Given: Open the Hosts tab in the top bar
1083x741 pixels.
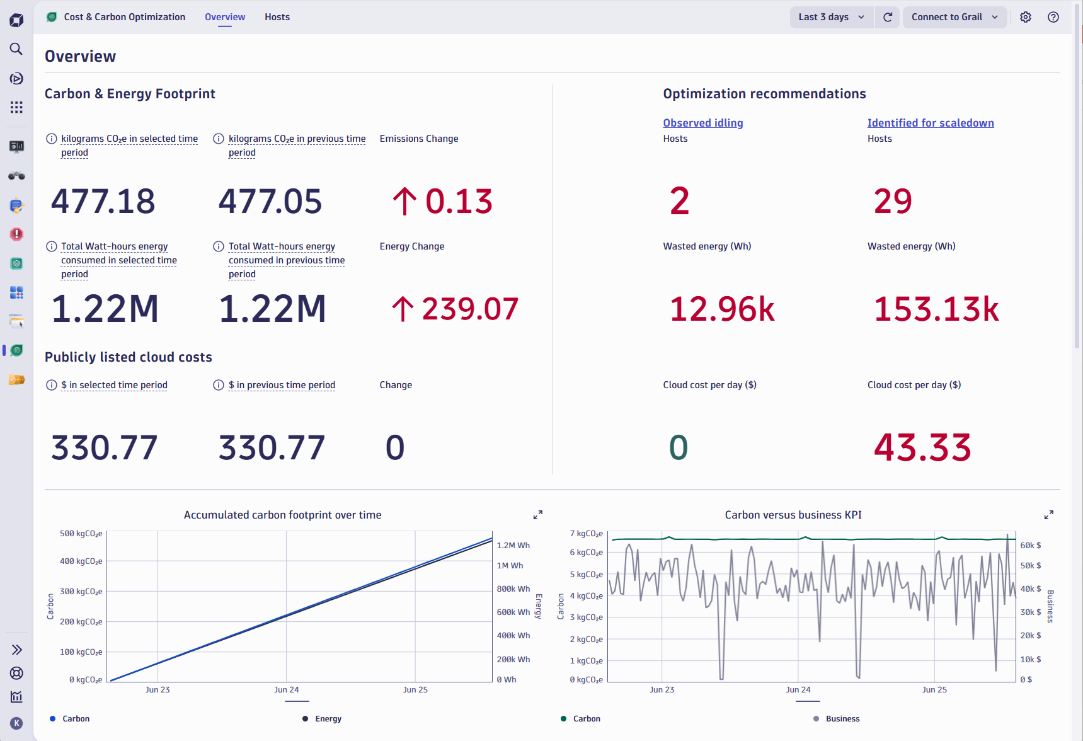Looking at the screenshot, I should click(277, 17).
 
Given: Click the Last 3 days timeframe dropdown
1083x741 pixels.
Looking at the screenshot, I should click(831, 17).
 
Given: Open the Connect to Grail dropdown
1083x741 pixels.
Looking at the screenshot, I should click(954, 17).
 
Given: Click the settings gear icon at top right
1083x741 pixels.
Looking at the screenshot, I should click(1026, 17).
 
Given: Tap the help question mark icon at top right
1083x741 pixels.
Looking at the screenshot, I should click(1053, 17).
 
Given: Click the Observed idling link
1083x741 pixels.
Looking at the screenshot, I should click(702, 123).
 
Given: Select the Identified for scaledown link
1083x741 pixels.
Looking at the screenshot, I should click(930, 123).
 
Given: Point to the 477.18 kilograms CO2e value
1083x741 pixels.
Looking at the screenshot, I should click(103, 202).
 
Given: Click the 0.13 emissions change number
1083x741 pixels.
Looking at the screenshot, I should click(459, 202).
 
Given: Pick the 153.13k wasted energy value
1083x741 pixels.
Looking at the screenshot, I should click(936, 309).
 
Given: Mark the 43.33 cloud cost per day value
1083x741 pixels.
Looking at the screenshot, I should click(922, 448).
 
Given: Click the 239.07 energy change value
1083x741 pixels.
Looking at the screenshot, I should click(469, 309).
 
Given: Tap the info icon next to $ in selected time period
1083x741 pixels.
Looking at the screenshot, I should click(52, 385).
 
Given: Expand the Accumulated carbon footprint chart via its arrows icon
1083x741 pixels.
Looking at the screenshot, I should click(538, 515).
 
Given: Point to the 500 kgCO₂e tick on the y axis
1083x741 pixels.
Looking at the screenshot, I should click(81, 534).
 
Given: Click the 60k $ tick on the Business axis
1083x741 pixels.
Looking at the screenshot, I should click(1031, 546).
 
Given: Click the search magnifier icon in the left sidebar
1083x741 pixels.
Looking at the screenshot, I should click(16, 49).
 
